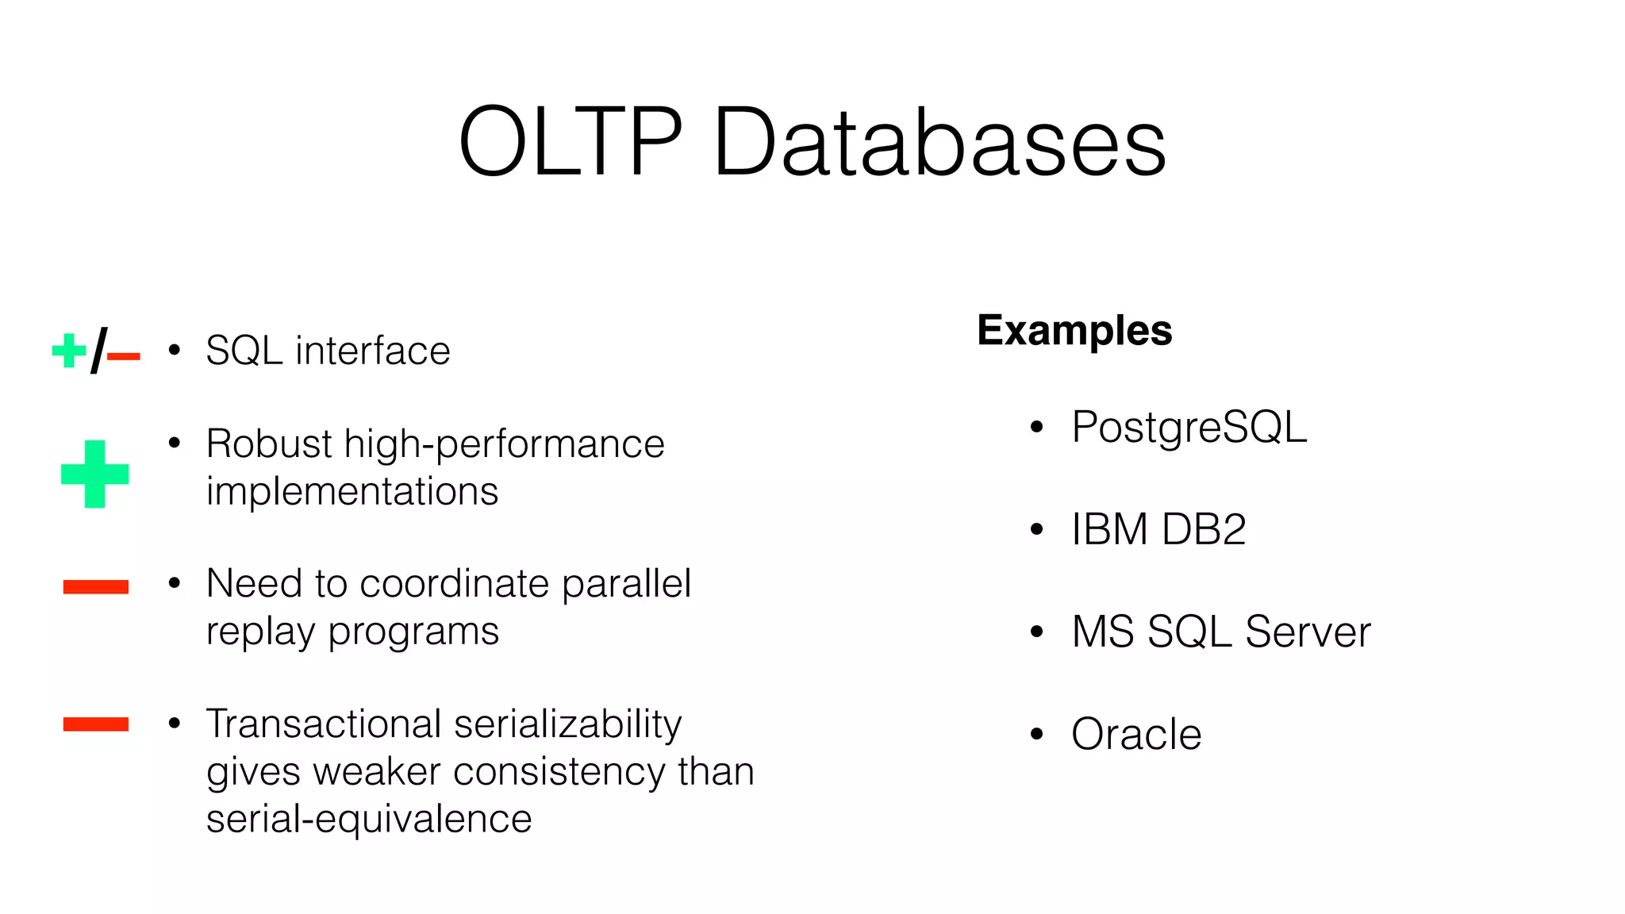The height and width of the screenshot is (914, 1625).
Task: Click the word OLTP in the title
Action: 570,142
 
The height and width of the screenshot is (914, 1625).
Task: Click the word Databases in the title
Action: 939,142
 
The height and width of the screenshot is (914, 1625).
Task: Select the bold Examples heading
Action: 1074,330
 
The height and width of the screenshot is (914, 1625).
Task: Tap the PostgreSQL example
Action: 1189,428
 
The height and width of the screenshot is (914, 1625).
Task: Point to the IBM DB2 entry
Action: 1158,529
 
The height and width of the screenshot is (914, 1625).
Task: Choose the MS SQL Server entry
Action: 1220,632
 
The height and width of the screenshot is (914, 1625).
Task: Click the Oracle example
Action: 1136,735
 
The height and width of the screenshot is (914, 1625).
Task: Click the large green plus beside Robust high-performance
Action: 94,474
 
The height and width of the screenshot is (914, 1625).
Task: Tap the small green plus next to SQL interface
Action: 68,351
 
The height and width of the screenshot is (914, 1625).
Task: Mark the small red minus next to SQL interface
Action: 124,357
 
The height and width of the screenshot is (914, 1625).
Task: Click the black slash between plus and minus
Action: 98,351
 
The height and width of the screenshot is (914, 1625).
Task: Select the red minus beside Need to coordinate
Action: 95,587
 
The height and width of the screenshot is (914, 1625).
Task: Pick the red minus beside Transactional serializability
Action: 95,724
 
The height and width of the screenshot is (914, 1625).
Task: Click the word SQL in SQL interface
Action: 244,351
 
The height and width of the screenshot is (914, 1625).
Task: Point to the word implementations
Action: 352,492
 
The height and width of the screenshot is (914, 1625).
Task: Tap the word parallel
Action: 626,585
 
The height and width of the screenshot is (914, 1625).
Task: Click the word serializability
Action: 567,725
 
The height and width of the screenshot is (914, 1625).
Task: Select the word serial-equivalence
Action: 369,820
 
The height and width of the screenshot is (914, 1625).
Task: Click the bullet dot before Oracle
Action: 1036,735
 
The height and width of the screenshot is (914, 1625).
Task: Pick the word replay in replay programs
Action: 261,633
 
